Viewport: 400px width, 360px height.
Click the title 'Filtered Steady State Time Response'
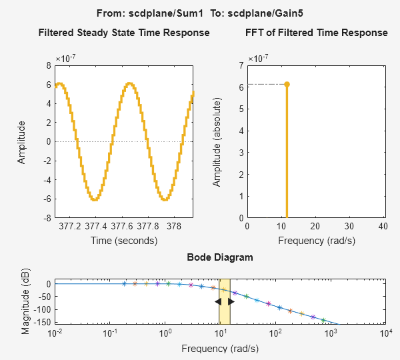coord(124,33)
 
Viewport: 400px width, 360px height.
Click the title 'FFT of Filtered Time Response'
coord(316,33)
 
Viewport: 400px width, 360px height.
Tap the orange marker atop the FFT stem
coord(287,84)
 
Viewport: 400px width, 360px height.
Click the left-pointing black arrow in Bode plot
coord(218,302)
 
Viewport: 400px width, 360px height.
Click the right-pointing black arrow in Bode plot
coord(231,302)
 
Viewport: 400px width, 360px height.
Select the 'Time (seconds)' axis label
coord(124,240)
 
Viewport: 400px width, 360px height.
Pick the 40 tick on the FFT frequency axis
coord(382,226)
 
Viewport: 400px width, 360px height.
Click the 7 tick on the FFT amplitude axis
coord(241,65)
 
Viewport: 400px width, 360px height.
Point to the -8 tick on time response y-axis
coord(47,218)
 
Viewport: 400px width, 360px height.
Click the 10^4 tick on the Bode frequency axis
coord(384,333)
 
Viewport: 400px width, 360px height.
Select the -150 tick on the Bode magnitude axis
coord(41,321)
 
